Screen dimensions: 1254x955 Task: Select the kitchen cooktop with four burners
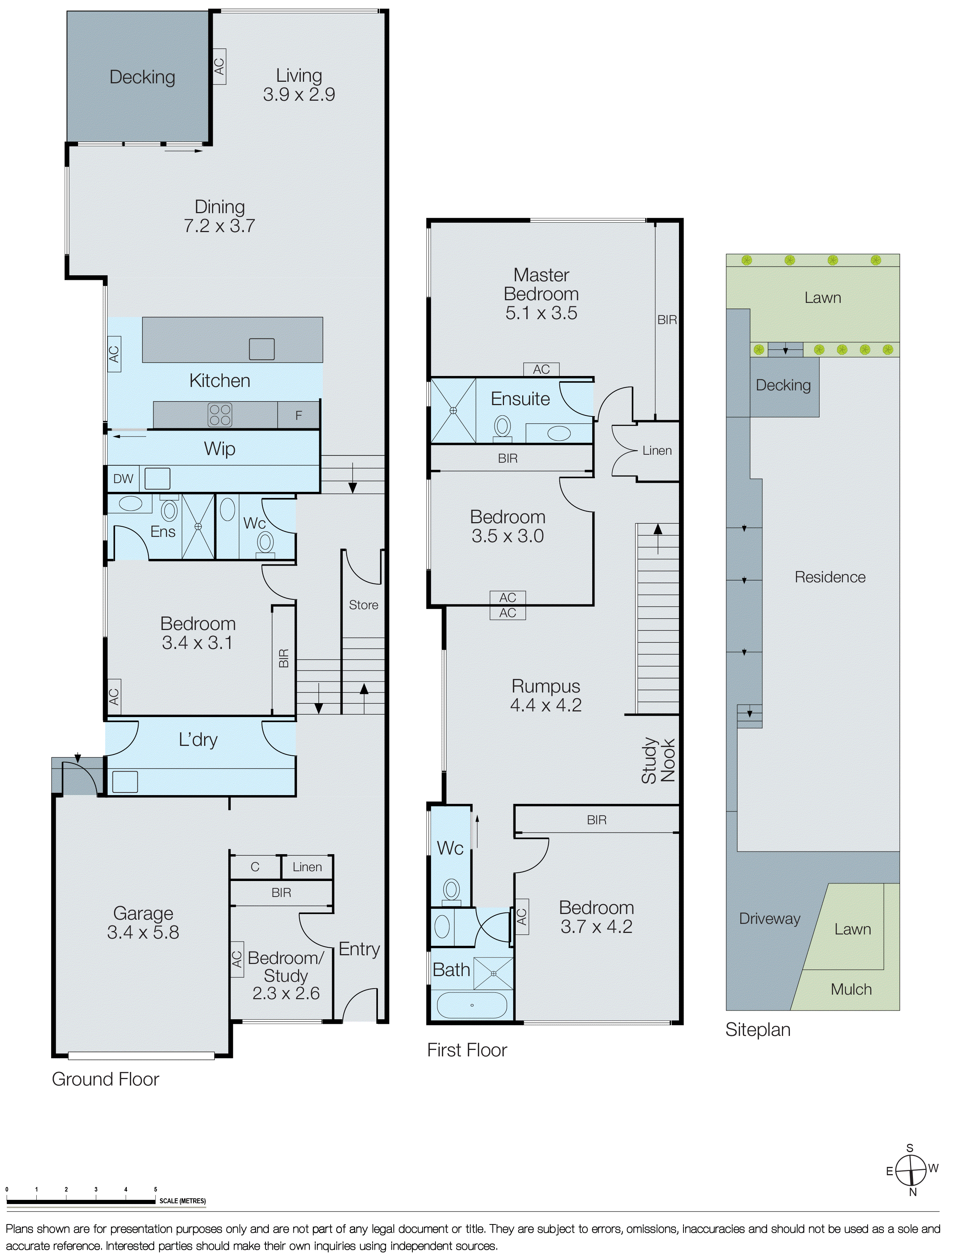[219, 415]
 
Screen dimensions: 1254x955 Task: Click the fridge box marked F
[298, 415]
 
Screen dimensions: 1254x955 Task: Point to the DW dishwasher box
[123, 479]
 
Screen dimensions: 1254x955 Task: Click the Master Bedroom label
[541, 284]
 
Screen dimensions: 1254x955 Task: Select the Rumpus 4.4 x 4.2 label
[546, 695]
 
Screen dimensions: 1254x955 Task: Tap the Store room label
[363, 605]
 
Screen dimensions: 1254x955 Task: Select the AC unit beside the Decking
[219, 67]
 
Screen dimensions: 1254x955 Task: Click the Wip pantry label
[219, 449]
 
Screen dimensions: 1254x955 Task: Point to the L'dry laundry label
[198, 739]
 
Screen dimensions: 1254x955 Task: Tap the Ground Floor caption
[105, 1079]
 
